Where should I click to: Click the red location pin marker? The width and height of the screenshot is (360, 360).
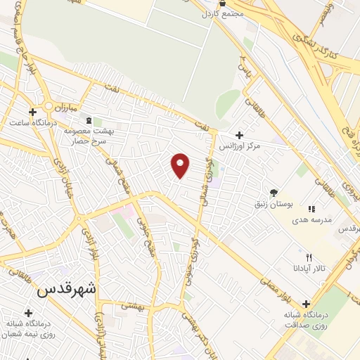point(181,165)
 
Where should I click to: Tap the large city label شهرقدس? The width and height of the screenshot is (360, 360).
point(68,288)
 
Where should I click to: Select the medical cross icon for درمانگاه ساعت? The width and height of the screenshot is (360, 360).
point(32,111)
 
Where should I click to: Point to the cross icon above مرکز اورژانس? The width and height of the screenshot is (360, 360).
point(240,135)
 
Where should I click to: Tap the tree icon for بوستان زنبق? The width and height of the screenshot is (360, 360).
point(274,193)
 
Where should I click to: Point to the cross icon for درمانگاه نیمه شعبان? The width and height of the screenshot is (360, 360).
point(29,313)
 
